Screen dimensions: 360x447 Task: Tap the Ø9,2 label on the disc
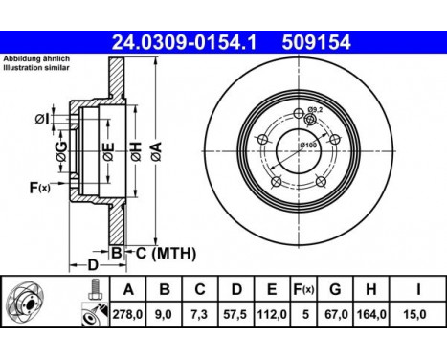317,112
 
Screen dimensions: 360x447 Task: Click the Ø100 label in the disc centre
308,145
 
